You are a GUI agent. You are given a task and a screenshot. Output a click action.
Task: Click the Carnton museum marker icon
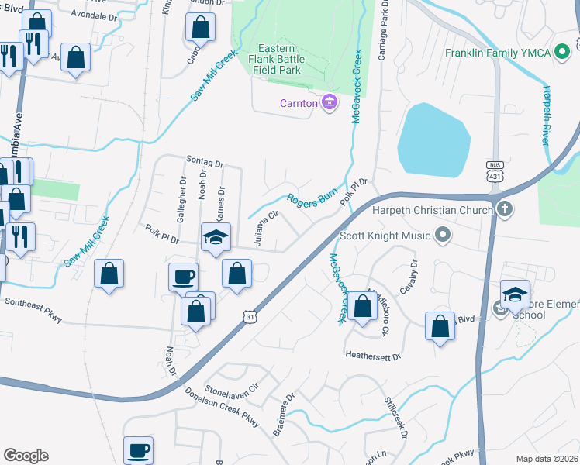(x=330, y=102)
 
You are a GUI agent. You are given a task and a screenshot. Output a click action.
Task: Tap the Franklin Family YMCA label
(x=498, y=53)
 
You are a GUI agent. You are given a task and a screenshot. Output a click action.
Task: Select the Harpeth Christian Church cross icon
(x=504, y=209)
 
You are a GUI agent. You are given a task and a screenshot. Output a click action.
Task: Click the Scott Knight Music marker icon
(x=442, y=233)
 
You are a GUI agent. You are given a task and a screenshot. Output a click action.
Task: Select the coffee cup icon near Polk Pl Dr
(x=184, y=277)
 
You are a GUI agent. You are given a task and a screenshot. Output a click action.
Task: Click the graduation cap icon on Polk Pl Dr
(x=216, y=236)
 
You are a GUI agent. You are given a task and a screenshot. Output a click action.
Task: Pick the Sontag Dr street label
(x=205, y=162)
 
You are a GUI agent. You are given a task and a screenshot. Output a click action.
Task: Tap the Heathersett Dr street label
(x=373, y=356)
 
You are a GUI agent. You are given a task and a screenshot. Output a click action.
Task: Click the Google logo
(x=26, y=455)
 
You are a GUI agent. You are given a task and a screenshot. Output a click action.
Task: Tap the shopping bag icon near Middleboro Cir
(x=362, y=305)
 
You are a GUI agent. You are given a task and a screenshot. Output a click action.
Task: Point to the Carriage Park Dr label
(x=382, y=32)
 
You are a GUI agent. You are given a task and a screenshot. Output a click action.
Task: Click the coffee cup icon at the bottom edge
(x=139, y=449)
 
